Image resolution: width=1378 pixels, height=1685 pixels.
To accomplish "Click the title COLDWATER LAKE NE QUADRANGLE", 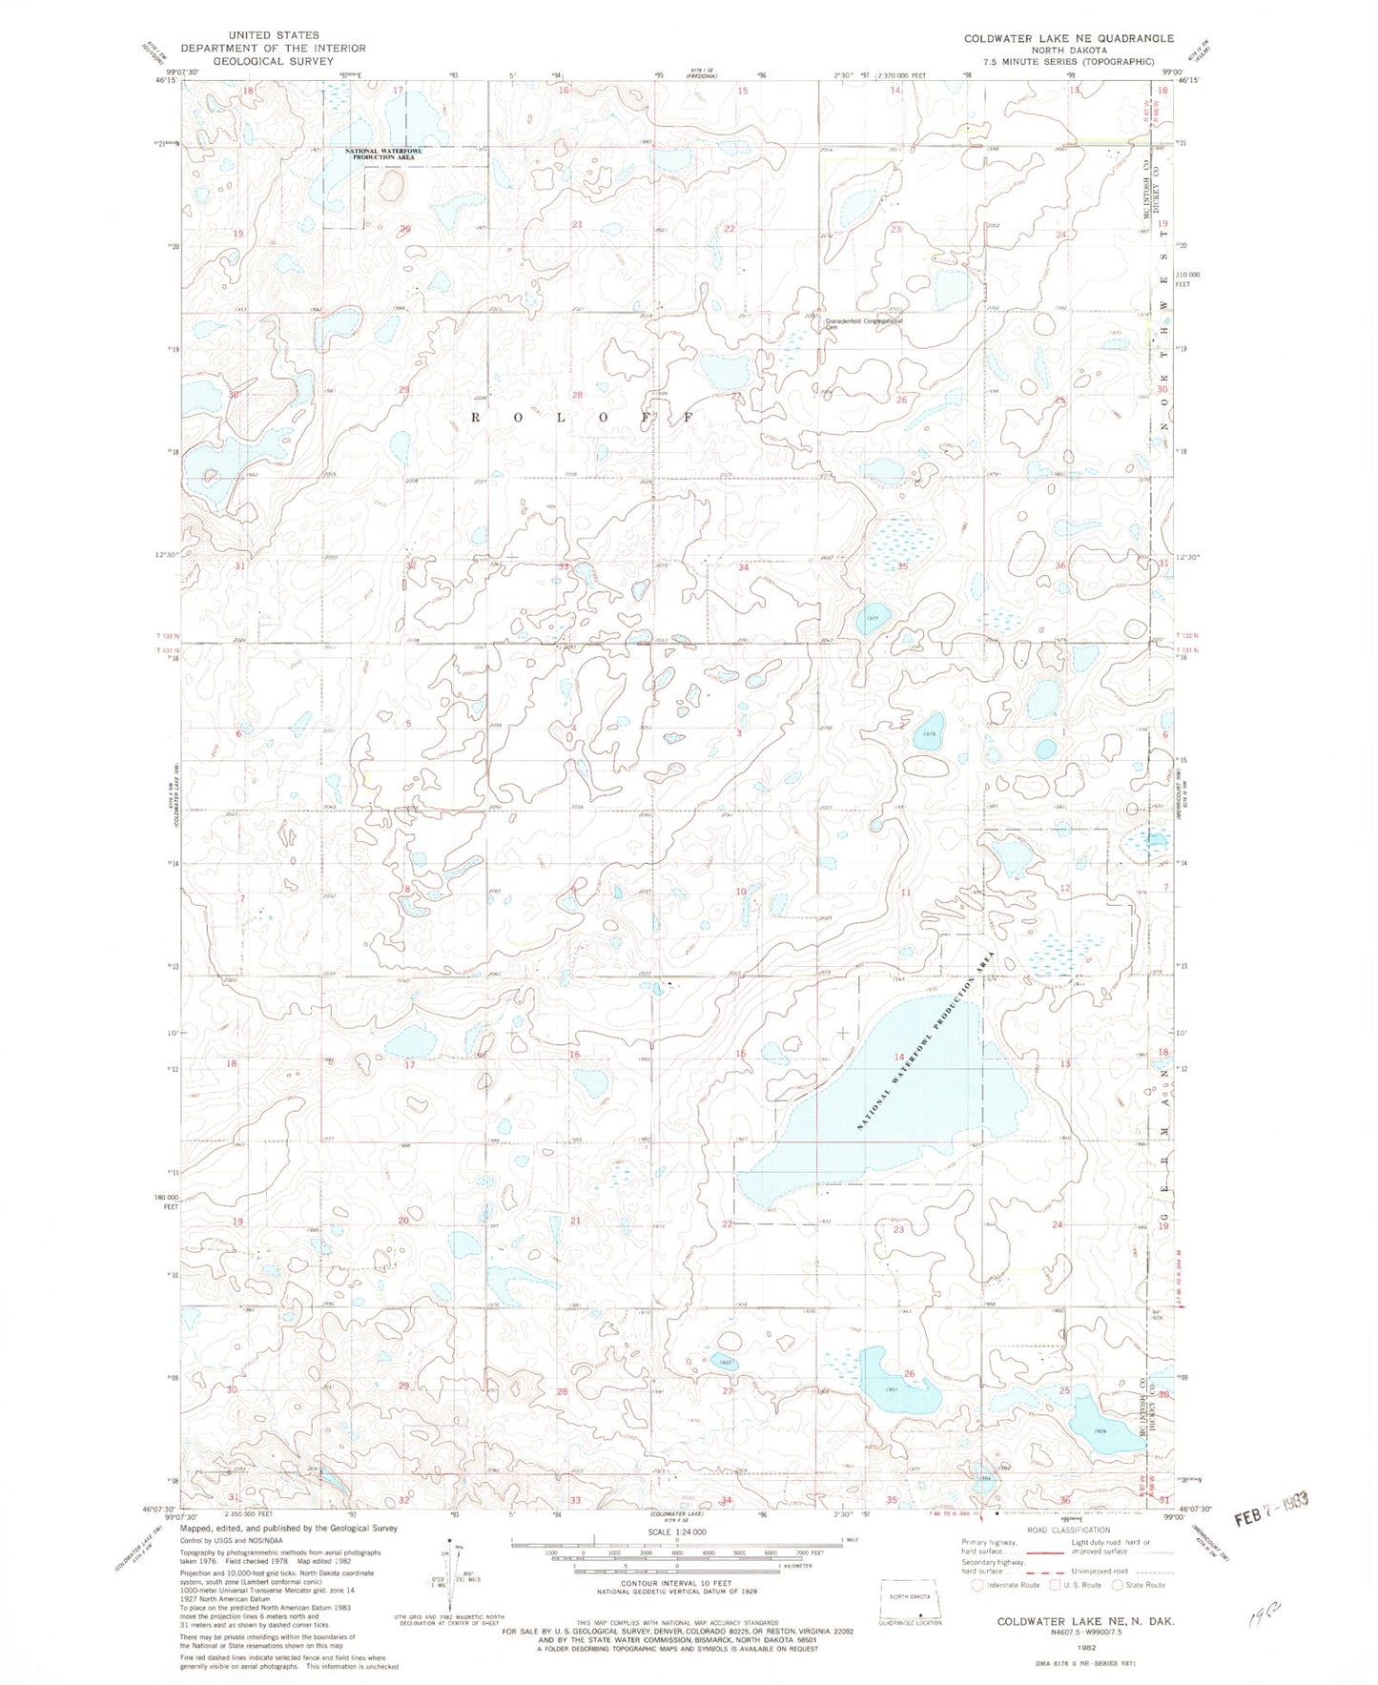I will [1068, 38].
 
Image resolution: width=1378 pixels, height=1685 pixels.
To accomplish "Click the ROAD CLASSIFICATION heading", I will [1070, 1531].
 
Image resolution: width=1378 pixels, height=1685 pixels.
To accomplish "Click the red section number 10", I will [740, 892].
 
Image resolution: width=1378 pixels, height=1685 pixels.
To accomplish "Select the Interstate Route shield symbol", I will [977, 1585].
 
